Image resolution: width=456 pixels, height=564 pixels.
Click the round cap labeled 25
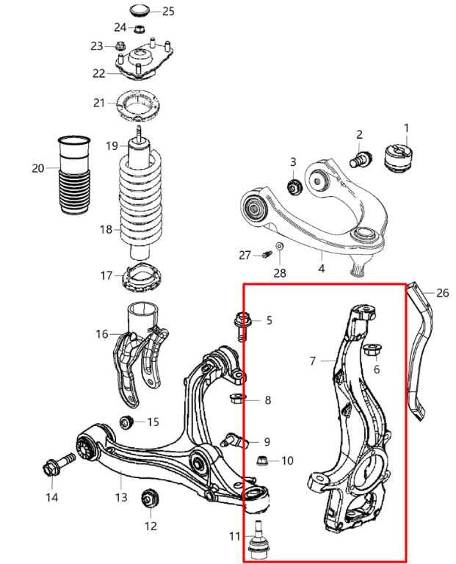(140, 10)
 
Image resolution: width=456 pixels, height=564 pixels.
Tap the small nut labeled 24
(140, 28)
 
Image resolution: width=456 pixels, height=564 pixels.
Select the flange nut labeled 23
(120, 46)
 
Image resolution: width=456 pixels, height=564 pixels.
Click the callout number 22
(99, 73)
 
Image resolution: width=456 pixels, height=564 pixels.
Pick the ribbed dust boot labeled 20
(74, 176)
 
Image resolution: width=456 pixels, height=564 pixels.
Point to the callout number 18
(106, 229)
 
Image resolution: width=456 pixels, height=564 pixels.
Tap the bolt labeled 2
(361, 159)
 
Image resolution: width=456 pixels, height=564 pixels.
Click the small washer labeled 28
(280, 246)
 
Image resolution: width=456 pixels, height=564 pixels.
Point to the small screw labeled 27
(267, 255)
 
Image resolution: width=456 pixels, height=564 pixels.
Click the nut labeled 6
(372, 350)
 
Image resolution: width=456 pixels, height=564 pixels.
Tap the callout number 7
(313, 361)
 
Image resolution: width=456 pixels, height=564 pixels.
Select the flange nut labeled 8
(238, 399)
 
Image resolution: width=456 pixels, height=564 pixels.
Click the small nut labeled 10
(263, 460)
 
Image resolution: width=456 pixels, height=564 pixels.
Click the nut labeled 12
(148, 498)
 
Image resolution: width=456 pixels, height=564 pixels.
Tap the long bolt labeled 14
(59, 466)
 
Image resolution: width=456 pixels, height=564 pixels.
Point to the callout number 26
(443, 293)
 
